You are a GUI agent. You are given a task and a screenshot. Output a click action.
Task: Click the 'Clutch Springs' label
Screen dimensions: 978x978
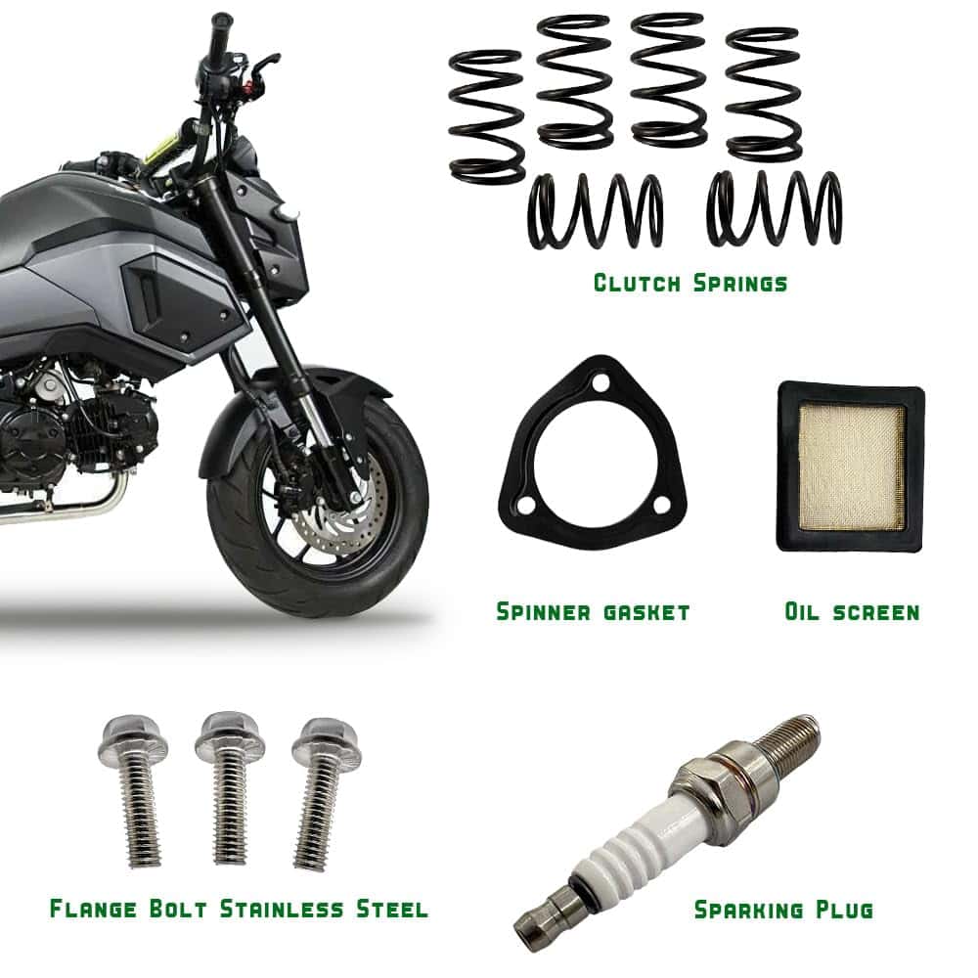(689, 284)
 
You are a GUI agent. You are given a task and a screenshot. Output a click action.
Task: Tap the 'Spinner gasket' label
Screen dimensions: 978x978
(593, 611)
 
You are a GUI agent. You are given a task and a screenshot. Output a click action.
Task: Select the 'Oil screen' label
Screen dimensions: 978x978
(852, 611)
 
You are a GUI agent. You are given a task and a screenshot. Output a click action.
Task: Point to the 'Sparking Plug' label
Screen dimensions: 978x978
(783, 910)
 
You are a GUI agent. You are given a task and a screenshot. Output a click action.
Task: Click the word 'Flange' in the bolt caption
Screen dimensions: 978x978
(93, 909)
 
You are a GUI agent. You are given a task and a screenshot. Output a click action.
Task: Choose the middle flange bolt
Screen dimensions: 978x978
(230, 787)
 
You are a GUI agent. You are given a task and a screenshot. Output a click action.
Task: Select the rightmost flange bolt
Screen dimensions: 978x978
(323, 793)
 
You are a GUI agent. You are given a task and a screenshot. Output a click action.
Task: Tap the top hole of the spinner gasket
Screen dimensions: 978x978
(600, 384)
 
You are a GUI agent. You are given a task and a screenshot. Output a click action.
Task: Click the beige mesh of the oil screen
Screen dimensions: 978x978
(852, 467)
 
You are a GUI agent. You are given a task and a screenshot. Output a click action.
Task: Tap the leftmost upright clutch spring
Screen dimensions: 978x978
(486, 116)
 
